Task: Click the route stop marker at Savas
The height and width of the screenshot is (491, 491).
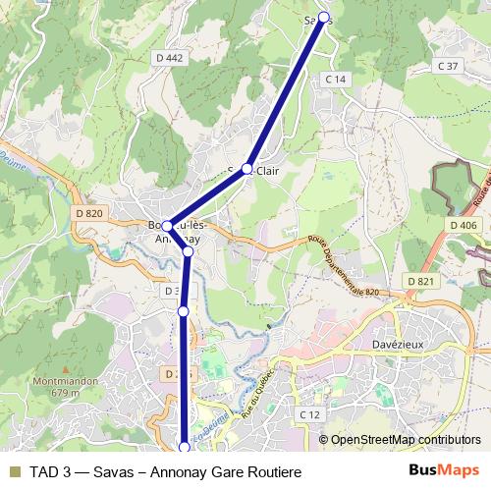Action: [x=323, y=17]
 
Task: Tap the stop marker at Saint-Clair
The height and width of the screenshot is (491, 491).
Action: [x=248, y=168]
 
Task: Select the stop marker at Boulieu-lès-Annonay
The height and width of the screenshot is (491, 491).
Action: [x=168, y=226]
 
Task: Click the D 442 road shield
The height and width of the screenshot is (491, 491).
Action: [x=169, y=59]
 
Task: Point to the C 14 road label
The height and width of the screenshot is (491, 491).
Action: [x=337, y=79]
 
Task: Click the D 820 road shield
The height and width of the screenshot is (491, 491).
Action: [x=88, y=214]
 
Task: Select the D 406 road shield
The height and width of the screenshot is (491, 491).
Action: [x=464, y=226]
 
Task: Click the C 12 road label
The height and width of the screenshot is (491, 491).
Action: [x=310, y=415]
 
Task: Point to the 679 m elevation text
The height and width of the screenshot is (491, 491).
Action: [x=64, y=393]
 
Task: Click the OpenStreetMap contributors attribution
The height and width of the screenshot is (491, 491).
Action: [x=405, y=440]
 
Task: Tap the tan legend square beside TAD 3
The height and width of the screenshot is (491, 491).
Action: [x=14, y=470]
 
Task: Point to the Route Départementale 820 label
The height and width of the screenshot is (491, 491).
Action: [x=343, y=265]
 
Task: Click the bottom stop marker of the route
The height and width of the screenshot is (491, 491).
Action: [x=184, y=448]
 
